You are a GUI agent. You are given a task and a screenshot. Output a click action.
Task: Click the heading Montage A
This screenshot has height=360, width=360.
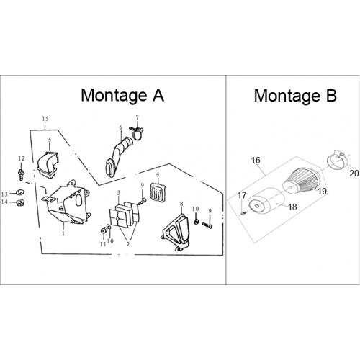pos(122,95)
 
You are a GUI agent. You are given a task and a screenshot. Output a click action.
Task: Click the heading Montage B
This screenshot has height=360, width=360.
pos(295,96)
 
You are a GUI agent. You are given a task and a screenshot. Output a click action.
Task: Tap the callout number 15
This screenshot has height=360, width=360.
pos(45,119)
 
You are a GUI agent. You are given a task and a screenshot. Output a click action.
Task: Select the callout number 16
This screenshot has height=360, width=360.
pos(256,160)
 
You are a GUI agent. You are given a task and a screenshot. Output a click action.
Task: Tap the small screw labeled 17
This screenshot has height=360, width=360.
pos(243,213)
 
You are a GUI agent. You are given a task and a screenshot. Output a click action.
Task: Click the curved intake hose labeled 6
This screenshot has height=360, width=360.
pos(118,156)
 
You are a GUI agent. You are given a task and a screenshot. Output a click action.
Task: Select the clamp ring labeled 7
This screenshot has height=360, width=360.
pos(137,133)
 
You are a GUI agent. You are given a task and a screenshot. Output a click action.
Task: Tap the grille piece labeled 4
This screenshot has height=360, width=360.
pos(158,191)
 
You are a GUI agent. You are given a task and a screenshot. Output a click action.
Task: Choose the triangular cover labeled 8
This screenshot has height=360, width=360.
pos(176,230)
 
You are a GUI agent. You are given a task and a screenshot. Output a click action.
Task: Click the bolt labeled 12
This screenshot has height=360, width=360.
pos(21,175)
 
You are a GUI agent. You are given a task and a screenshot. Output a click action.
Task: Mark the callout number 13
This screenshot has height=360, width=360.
pos(4,194)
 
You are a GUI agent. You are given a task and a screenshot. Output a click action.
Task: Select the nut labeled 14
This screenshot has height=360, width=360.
pos(20,203)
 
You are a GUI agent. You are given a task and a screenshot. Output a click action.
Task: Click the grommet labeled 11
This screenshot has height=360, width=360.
pos(104,230)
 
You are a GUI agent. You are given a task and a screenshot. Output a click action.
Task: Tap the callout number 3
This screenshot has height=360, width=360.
pos(119,193)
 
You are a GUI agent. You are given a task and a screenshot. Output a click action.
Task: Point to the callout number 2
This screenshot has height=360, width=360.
pos(128,244)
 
